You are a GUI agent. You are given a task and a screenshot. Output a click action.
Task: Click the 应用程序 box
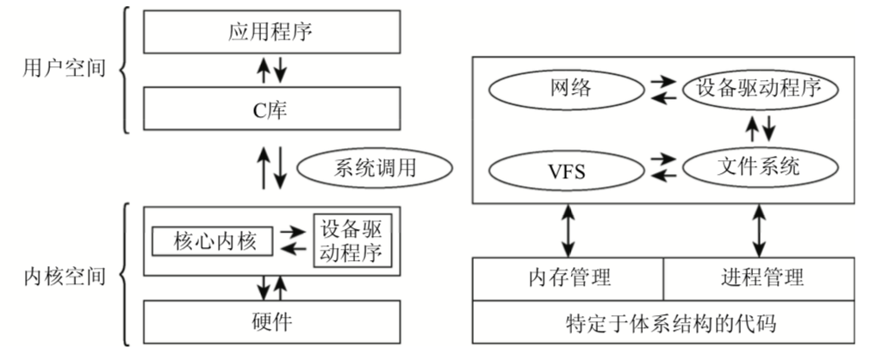272,33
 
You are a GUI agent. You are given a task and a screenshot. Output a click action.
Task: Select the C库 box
272,109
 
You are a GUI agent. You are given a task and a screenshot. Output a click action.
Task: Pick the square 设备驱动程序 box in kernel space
351,242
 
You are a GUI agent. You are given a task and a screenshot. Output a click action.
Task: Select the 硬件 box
272,322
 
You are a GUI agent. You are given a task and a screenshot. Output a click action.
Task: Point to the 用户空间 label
64,69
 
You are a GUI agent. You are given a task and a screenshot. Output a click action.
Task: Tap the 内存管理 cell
569,277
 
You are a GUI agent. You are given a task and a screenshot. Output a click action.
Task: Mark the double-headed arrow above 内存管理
569,230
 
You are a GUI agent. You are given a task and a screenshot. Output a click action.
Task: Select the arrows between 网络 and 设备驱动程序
663,88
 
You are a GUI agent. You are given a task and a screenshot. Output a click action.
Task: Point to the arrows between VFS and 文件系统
663,169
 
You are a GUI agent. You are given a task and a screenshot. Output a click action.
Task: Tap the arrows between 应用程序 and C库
272,71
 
